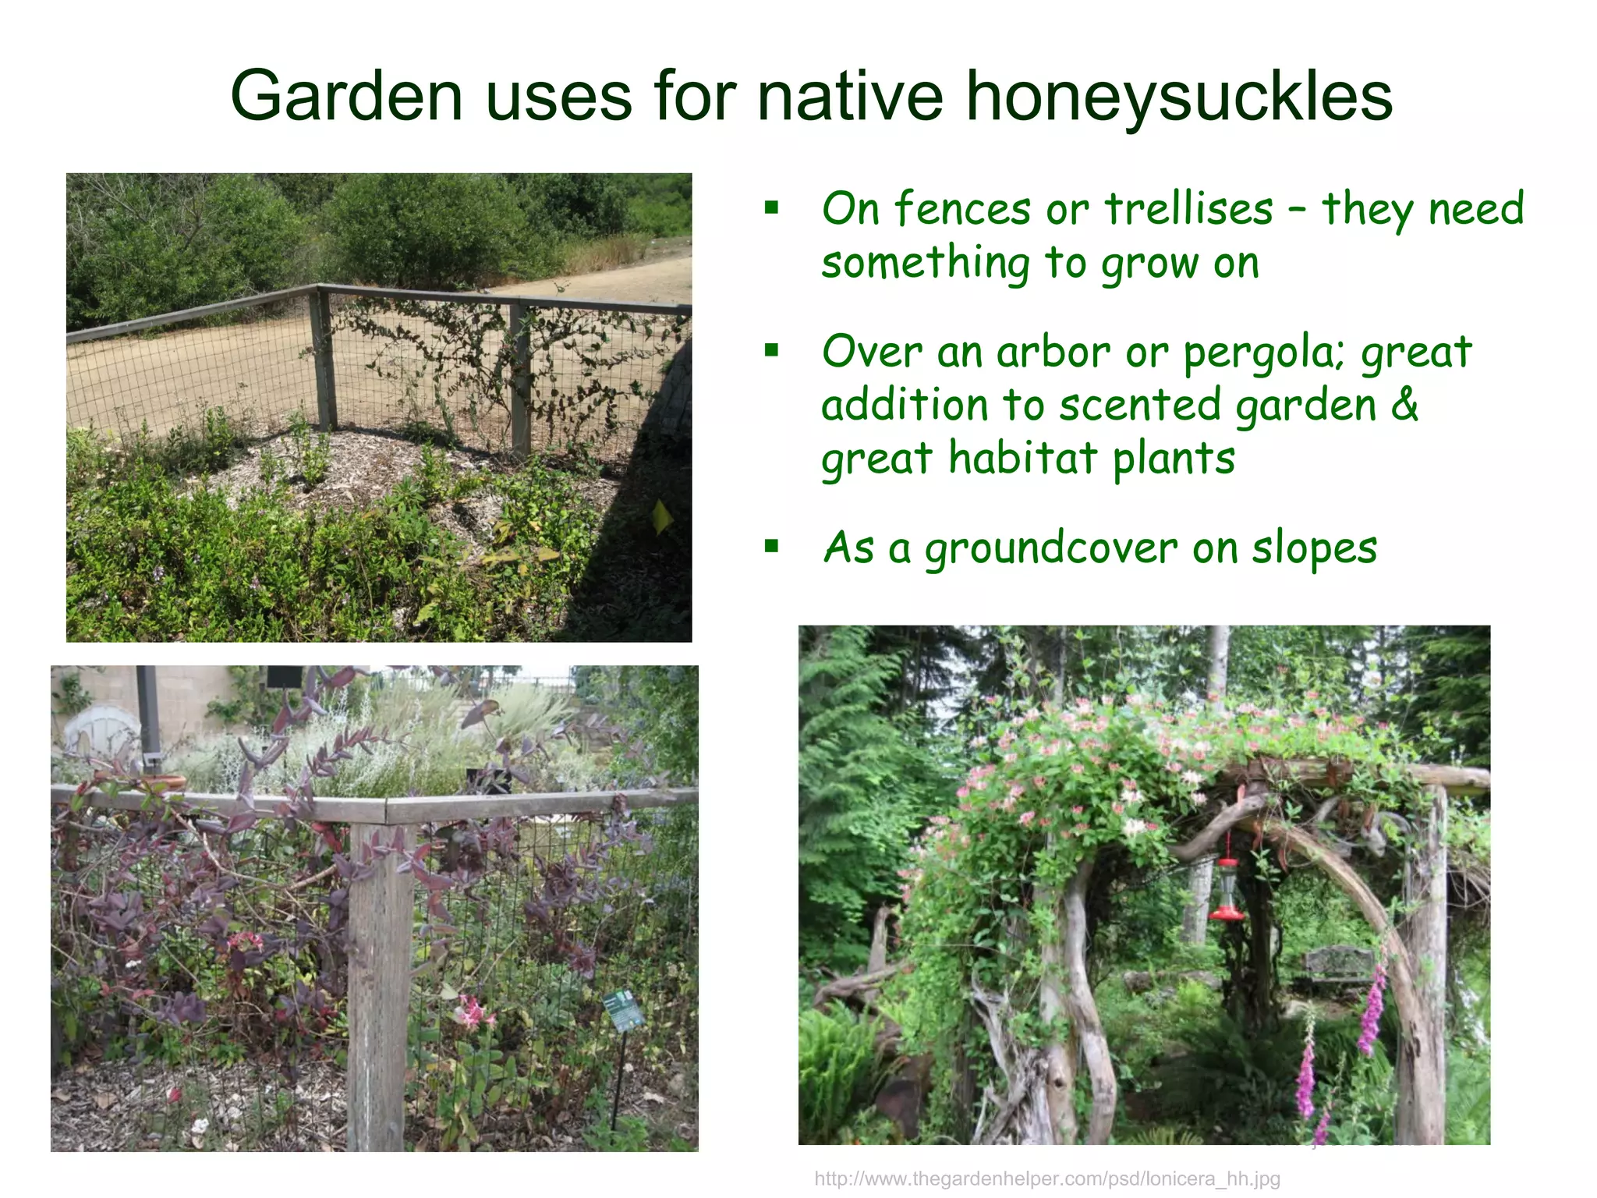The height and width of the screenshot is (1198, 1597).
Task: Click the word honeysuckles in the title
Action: (1178, 97)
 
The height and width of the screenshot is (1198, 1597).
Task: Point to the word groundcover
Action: (1050, 548)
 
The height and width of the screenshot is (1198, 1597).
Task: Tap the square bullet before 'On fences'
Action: (771, 207)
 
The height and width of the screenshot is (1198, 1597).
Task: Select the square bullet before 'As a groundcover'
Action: (771, 546)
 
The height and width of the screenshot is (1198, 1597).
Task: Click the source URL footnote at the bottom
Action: (1047, 1179)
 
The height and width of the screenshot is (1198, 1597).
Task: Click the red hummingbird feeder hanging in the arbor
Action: (1227, 889)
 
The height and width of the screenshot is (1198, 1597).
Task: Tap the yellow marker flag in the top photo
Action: (662, 516)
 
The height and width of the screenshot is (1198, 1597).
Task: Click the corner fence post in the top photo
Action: (323, 359)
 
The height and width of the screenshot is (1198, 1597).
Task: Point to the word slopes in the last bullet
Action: (1315, 548)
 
